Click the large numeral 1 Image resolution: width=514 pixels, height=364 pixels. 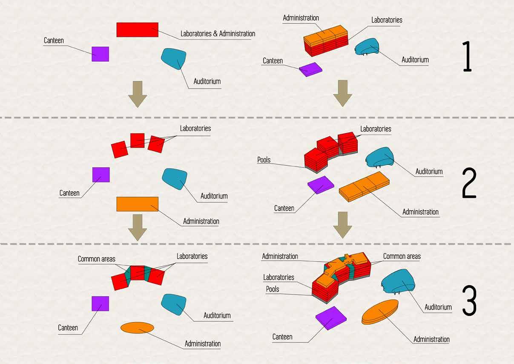467,56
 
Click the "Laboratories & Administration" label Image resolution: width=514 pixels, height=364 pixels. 218,34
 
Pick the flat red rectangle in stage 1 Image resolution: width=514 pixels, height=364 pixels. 137,30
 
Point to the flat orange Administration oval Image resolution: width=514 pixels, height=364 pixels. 137,328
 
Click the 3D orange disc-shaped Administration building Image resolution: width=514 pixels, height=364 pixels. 380,311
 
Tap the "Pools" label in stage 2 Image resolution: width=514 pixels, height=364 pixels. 264,160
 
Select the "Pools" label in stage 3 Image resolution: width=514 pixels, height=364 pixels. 273,289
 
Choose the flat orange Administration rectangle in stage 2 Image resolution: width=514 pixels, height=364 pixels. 137,204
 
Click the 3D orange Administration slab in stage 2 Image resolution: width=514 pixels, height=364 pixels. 365,186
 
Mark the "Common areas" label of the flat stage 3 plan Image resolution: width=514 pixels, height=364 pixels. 96,259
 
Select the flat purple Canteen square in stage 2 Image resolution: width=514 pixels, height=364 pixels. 101,175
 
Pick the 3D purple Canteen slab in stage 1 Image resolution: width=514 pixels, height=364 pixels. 311,69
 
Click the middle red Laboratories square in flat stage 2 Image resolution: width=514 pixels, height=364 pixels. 137,140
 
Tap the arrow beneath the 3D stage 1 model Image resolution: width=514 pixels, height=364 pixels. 342,93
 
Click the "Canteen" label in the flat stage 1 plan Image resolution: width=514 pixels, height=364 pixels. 54,40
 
